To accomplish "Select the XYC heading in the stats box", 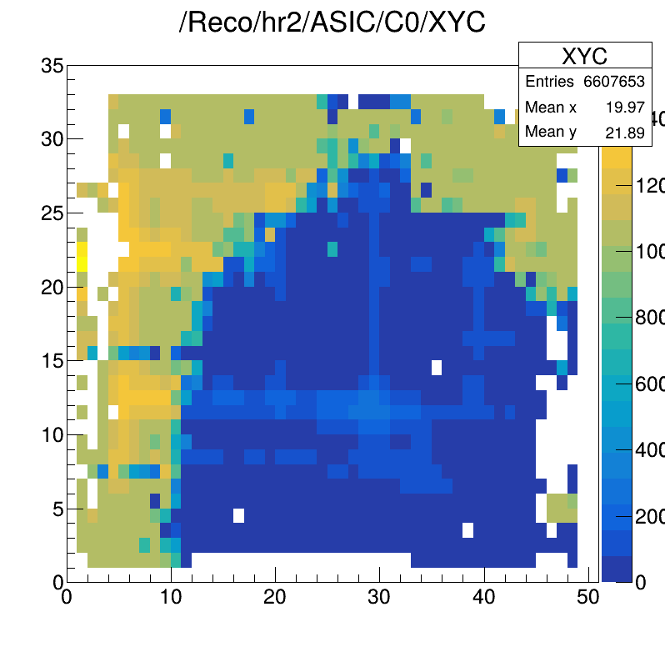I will point(584,56).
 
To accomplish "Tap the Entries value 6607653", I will point(613,82).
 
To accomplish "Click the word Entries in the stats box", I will point(549,82).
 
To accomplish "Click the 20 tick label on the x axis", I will point(275,598).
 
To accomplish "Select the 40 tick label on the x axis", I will point(484,598).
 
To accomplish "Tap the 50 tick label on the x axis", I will point(588,598).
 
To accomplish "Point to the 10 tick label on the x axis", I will point(171,598).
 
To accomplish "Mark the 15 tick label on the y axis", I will point(52,361).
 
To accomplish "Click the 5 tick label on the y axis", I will point(57,509).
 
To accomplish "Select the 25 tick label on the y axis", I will point(52,213).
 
